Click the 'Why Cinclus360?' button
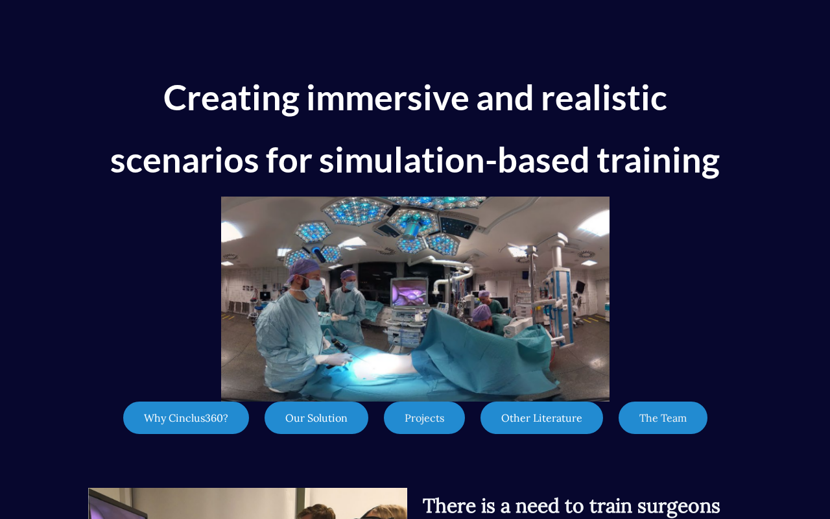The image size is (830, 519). pos(186,418)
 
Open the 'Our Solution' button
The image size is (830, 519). pos(316,418)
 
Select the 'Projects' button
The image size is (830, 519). pos(424,418)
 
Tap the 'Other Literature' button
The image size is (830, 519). pos(541,418)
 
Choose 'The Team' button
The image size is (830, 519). pos(663,418)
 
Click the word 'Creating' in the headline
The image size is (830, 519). pos(231,99)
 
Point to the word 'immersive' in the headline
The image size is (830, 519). pos(388,98)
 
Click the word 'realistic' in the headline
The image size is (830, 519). pos(604,98)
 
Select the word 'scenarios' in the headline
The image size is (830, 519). pos(185,162)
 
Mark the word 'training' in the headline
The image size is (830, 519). pos(658,162)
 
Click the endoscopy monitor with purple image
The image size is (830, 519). pos(409,293)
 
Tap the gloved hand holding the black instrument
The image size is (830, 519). pos(335,359)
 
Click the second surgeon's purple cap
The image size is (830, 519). pos(348,274)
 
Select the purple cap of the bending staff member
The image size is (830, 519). pos(481,313)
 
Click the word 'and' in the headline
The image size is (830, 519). pos(504,98)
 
